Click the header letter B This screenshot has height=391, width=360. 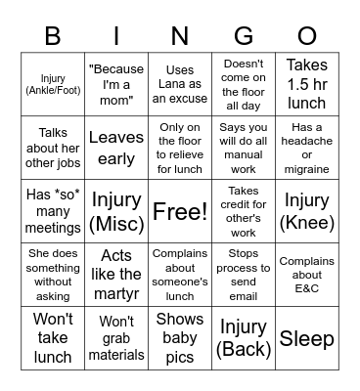(x=52, y=37)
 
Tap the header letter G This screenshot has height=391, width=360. (x=244, y=37)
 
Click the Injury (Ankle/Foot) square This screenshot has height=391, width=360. (x=53, y=85)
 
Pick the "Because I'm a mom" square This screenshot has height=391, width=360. (x=116, y=85)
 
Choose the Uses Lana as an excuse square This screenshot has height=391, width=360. (x=180, y=85)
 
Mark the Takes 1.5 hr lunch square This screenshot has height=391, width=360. (x=307, y=85)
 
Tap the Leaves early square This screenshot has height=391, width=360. (x=116, y=149)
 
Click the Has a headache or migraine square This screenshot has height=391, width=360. (x=307, y=149)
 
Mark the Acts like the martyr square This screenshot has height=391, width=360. (x=116, y=275)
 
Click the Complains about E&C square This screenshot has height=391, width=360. (x=307, y=275)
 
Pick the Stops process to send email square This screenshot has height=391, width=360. (x=244, y=275)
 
